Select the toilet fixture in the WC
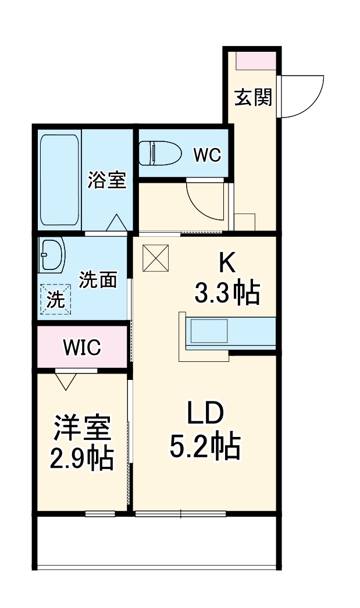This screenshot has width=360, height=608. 161,153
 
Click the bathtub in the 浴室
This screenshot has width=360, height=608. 60,180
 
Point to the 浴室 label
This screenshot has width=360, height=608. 108,180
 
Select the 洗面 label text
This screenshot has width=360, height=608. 98,280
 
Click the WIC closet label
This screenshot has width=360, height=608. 82,347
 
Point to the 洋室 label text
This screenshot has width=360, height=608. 82,429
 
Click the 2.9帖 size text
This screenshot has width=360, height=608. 82,460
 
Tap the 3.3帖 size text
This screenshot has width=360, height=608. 226,294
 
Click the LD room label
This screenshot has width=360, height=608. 205,415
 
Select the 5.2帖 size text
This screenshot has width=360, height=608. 205,447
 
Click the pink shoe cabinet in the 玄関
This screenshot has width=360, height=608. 255,60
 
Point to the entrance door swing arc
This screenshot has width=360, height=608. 308,96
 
